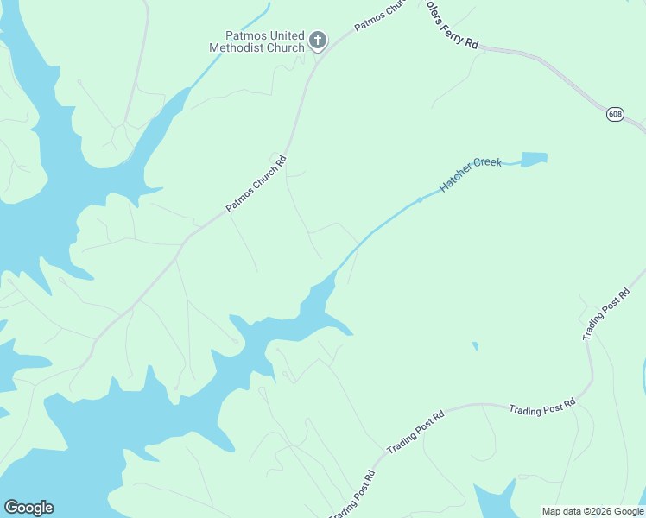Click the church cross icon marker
[318, 40]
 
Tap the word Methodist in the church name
[239, 47]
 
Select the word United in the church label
[283, 35]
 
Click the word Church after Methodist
[287, 47]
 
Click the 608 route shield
[615, 114]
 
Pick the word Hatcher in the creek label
[456, 177]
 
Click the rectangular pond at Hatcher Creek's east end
[534, 159]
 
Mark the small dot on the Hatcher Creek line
[420, 199]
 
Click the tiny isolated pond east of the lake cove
[475, 346]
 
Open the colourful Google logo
[28, 508]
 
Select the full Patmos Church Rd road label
[256, 183]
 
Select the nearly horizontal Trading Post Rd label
[542, 407]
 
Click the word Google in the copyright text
[628, 511]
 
